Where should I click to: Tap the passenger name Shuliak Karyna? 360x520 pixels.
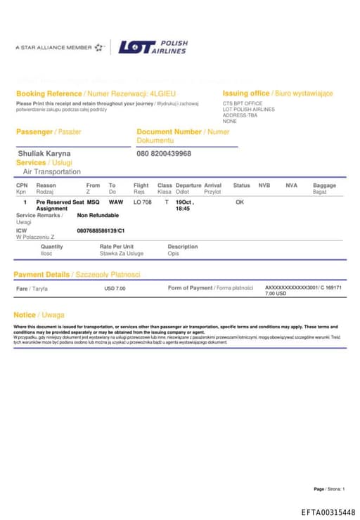pyautogui.click(x=44, y=153)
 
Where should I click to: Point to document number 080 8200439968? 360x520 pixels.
pyautogui.click(x=164, y=153)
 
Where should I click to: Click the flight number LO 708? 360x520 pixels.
pyautogui.click(x=142, y=202)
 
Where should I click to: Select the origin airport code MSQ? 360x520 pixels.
pyautogui.click(x=93, y=202)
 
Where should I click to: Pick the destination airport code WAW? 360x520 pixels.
pyautogui.click(x=115, y=202)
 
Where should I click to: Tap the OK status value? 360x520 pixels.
pyautogui.click(x=239, y=202)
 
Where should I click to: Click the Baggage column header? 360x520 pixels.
pyautogui.click(x=324, y=186)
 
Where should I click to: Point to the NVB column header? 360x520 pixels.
pyautogui.click(x=264, y=186)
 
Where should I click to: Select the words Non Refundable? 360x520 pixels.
pyautogui.click(x=98, y=215)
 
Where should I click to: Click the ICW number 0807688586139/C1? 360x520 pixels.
pyautogui.click(x=101, y=230)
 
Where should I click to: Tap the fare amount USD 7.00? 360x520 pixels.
pyautogui.click(x=115, y=288)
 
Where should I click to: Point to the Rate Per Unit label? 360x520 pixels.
pyautogui.click(x=117, y=247)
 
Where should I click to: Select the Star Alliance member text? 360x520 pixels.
pyautogui.click(x=53, y=48)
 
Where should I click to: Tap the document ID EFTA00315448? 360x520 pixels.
pyautogui.click(x=328, y=512)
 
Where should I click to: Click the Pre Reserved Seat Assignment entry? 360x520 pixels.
pyautogui.click(x=59, y=205)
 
